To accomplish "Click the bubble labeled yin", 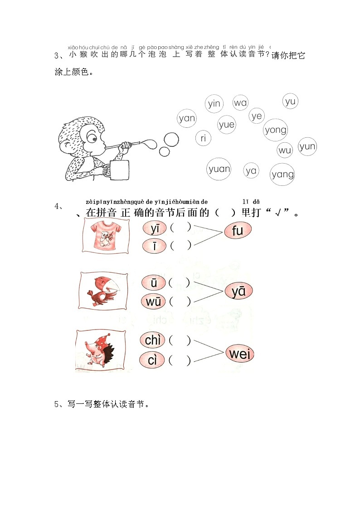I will [214, 104].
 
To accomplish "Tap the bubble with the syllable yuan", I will [219, 169].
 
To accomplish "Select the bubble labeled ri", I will [203, 138].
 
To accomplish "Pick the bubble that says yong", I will [276, 130].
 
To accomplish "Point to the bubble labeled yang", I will [282, 174].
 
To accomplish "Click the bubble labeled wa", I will [240, 102].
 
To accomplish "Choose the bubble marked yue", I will [226, 124].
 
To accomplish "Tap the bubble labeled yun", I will [307, 146].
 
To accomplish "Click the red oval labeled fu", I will [237, 231].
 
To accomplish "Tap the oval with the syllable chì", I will [153, 340].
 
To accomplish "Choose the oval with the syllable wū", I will [153, 301].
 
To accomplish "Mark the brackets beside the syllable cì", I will [180, 361].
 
